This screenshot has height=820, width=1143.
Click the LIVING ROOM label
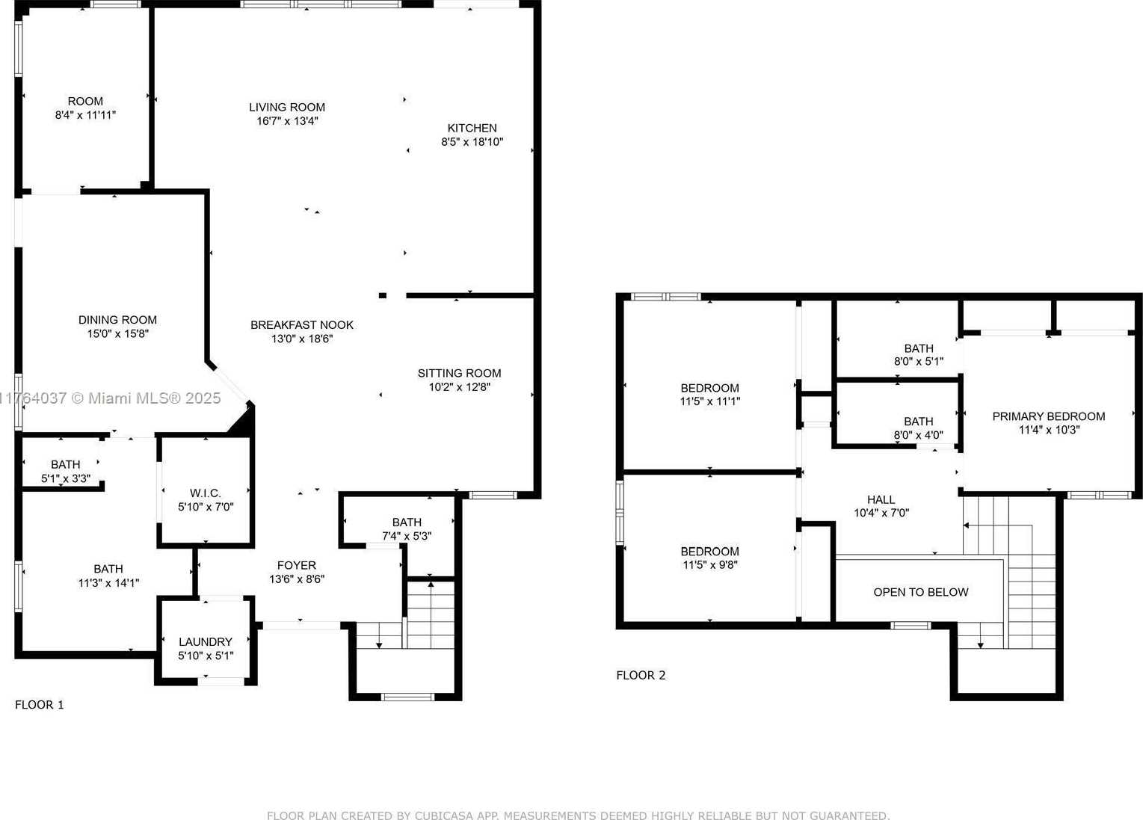[x=287, y=107]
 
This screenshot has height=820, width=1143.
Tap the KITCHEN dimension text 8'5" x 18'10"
[x=472, y=142]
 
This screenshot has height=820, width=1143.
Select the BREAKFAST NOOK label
[x=302, y=325]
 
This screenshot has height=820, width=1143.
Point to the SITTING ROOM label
[x=459, y=373]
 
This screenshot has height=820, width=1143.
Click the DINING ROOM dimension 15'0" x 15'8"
[x=118, y=333]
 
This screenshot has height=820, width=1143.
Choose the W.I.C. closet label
[x=205, y=493]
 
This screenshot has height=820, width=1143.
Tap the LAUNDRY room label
[x=205, y=642]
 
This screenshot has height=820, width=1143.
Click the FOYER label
[x=297, y=565]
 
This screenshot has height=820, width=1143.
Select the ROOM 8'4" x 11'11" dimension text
[x=85, y=115]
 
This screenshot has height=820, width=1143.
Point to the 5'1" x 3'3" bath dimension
[x=66, y=478]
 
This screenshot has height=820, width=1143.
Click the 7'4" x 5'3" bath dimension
[x=407, y=536]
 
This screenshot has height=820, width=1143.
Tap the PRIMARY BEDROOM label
[x=1049, y=416]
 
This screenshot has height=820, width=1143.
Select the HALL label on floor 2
[x=881, y=499]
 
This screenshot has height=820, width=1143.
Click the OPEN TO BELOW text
[x=921, y=592]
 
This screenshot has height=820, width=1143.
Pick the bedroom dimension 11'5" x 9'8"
[x=710, y=565]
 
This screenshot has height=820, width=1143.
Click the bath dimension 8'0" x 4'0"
[x=919, y=435]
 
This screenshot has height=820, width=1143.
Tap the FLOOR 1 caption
[x=40, y=705]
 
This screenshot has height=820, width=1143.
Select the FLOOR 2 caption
[x=641, y=675]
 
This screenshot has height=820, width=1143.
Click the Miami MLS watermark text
[x=110, y=398]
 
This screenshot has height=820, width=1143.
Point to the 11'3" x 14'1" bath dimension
[x=108, y=583]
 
